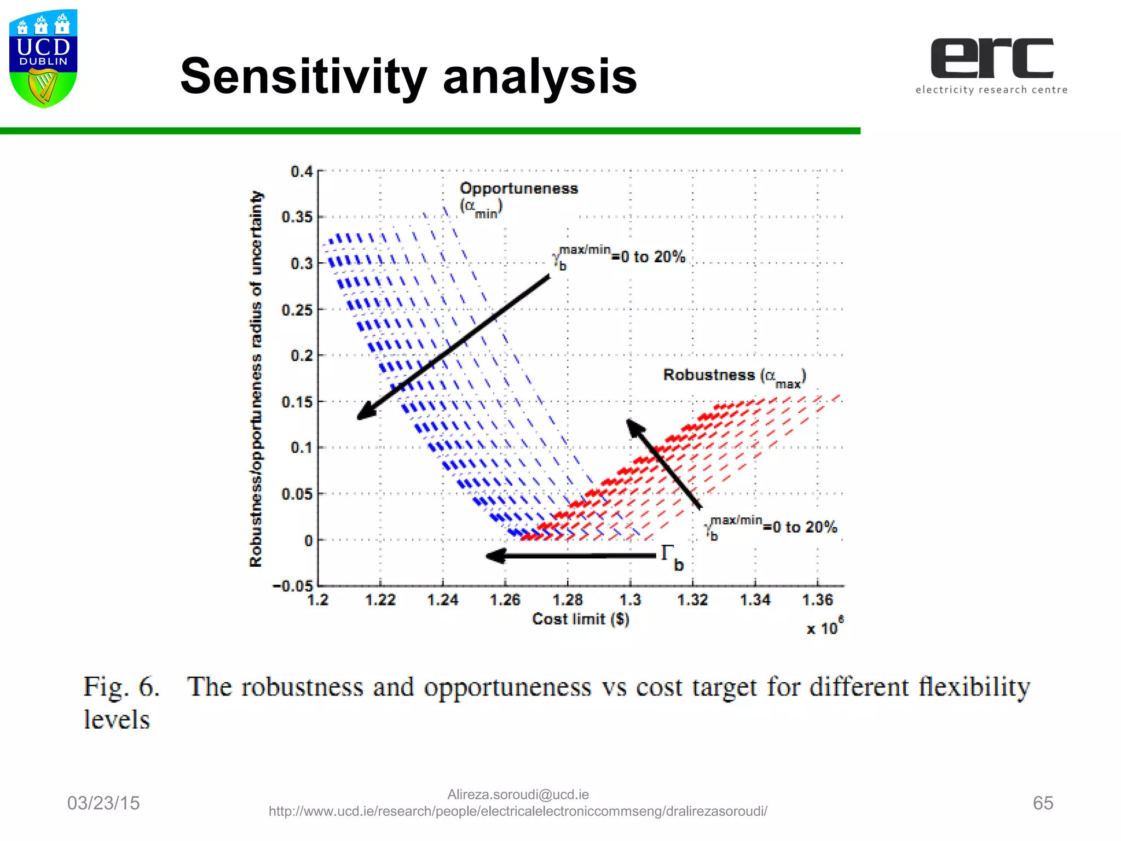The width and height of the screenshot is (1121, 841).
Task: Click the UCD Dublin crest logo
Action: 43,58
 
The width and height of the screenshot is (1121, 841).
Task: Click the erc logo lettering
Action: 991,58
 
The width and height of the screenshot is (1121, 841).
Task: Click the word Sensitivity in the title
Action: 303,77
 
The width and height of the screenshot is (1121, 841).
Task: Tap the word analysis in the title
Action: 540,77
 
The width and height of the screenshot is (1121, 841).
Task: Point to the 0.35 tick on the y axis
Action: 297,217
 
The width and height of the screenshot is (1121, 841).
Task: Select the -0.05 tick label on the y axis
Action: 292,586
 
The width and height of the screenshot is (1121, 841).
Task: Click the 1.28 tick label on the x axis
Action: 568,600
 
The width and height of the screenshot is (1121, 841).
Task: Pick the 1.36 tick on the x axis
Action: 817,600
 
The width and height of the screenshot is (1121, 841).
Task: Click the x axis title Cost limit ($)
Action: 581,619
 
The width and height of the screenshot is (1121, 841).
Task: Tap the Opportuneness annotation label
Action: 518,189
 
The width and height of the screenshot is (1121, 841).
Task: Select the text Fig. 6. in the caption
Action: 122,687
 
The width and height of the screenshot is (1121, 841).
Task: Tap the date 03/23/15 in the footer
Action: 103,803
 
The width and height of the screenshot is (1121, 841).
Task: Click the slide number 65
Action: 1043,803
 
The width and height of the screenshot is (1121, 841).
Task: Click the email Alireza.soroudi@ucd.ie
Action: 518,794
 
